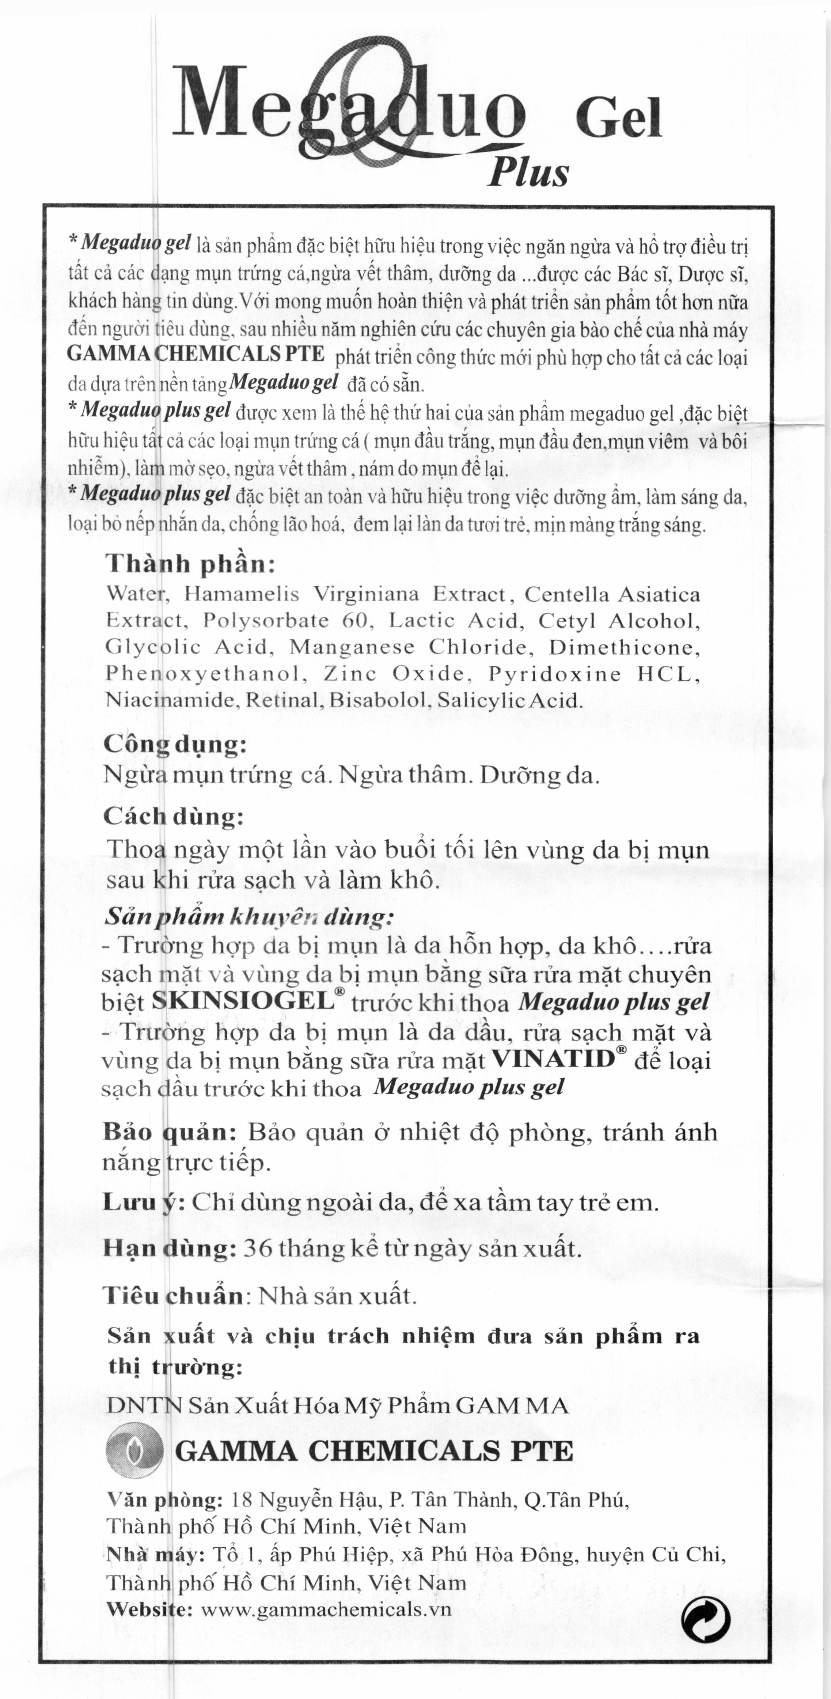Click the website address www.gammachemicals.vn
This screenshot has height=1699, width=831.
(326, 1610)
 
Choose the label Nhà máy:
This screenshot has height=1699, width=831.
(156, 1555)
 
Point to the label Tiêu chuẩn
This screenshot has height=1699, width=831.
(173, 1296)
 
